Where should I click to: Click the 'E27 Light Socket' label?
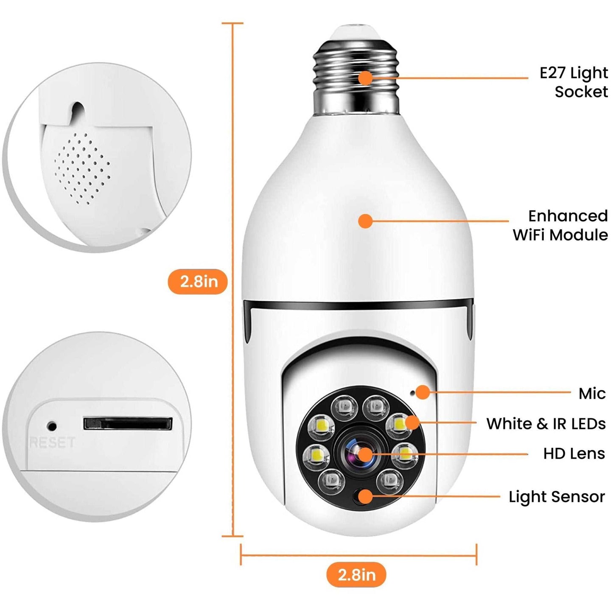pos(574,82)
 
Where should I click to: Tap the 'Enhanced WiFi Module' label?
pos(561,226)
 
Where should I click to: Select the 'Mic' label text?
pos(592,394)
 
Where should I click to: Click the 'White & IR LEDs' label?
pos(546,424)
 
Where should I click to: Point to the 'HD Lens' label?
pos(574,453)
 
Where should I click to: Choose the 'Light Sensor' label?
pos(557,497)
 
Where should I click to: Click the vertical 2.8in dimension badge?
pos(199,281)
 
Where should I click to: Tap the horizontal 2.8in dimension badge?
pos(356,575)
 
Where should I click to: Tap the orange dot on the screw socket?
pos(365,78)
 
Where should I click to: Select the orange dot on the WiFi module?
pos(365,221)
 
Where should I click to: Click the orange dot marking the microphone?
pos(423,392)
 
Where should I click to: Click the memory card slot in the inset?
pos(128,423)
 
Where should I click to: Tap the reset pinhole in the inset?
pos(52,425)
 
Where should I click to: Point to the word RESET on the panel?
pos(52,443)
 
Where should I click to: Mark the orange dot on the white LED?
pos(411,423)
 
